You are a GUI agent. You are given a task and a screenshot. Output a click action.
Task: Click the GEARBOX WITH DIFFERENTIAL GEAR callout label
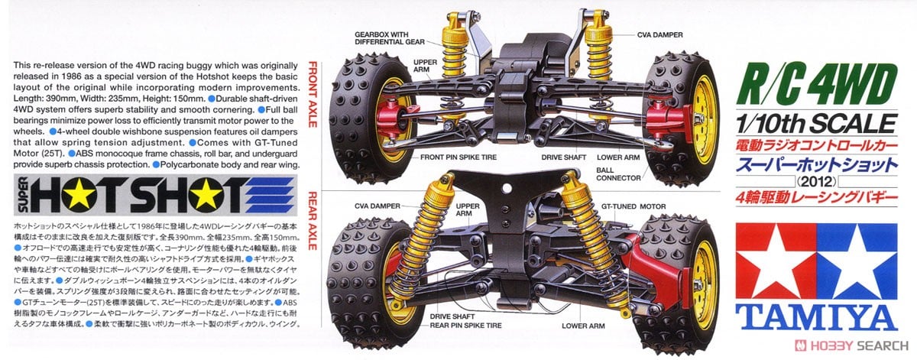point(389,37)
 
